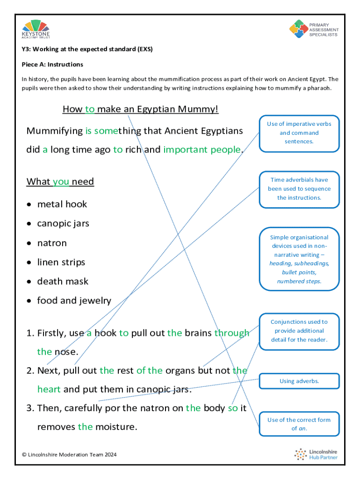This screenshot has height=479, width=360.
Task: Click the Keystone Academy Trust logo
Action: pos(36,29)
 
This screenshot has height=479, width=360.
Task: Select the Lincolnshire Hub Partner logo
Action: pos(316,454)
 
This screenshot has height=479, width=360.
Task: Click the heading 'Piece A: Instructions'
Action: pos(52,64)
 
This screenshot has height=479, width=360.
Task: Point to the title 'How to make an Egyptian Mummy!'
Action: pos(140,109)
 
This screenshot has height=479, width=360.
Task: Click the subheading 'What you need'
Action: pos(60,181)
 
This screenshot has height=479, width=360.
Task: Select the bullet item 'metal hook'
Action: pos(62,204)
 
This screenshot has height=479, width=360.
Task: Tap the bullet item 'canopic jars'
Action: pos(63,224)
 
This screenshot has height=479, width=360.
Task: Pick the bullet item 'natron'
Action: pos(52,243)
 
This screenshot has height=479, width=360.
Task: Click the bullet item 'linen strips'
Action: pos(61,262)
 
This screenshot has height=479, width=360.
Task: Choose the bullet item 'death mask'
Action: pos(63,282)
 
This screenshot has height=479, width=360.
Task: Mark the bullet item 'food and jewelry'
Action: pos(74,301)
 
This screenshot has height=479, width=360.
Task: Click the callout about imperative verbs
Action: pos(299,133)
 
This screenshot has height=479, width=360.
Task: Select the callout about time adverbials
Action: pos(299,189)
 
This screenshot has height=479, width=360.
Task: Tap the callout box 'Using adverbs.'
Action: pos(299,381)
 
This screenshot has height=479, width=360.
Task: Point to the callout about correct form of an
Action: pos(299,424)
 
